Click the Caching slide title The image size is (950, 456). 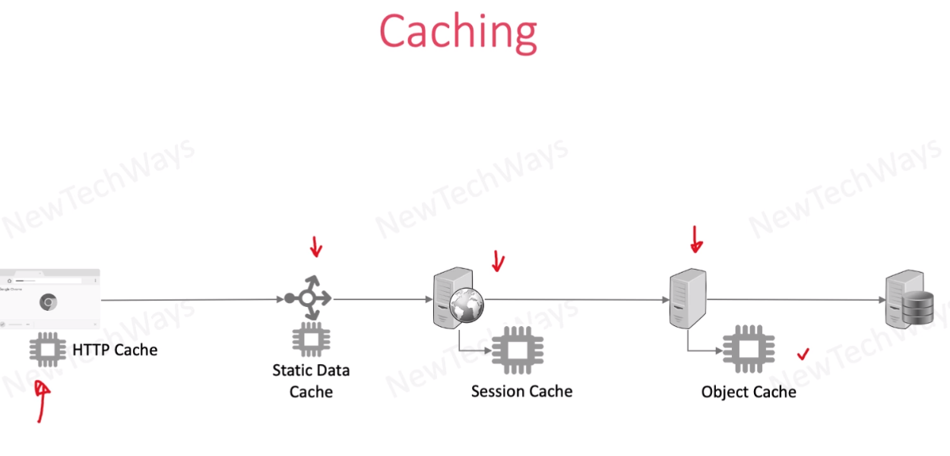pos(458,32)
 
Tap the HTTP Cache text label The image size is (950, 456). pos(115,350)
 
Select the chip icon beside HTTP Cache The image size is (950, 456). pos(47,350)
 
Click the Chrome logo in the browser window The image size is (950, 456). pos(48,302)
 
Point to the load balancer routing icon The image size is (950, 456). pos(307,299)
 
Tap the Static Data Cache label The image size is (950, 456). pos(311,381)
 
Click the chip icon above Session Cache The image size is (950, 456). pos(518,350)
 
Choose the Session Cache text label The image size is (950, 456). pos(521,391)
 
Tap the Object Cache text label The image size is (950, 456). pos(749,392)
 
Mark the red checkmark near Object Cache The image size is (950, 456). pos(803,354)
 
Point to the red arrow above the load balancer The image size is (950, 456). pos(316,246)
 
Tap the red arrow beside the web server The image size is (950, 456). pos(498,261)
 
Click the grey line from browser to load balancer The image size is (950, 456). pos(190,300)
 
